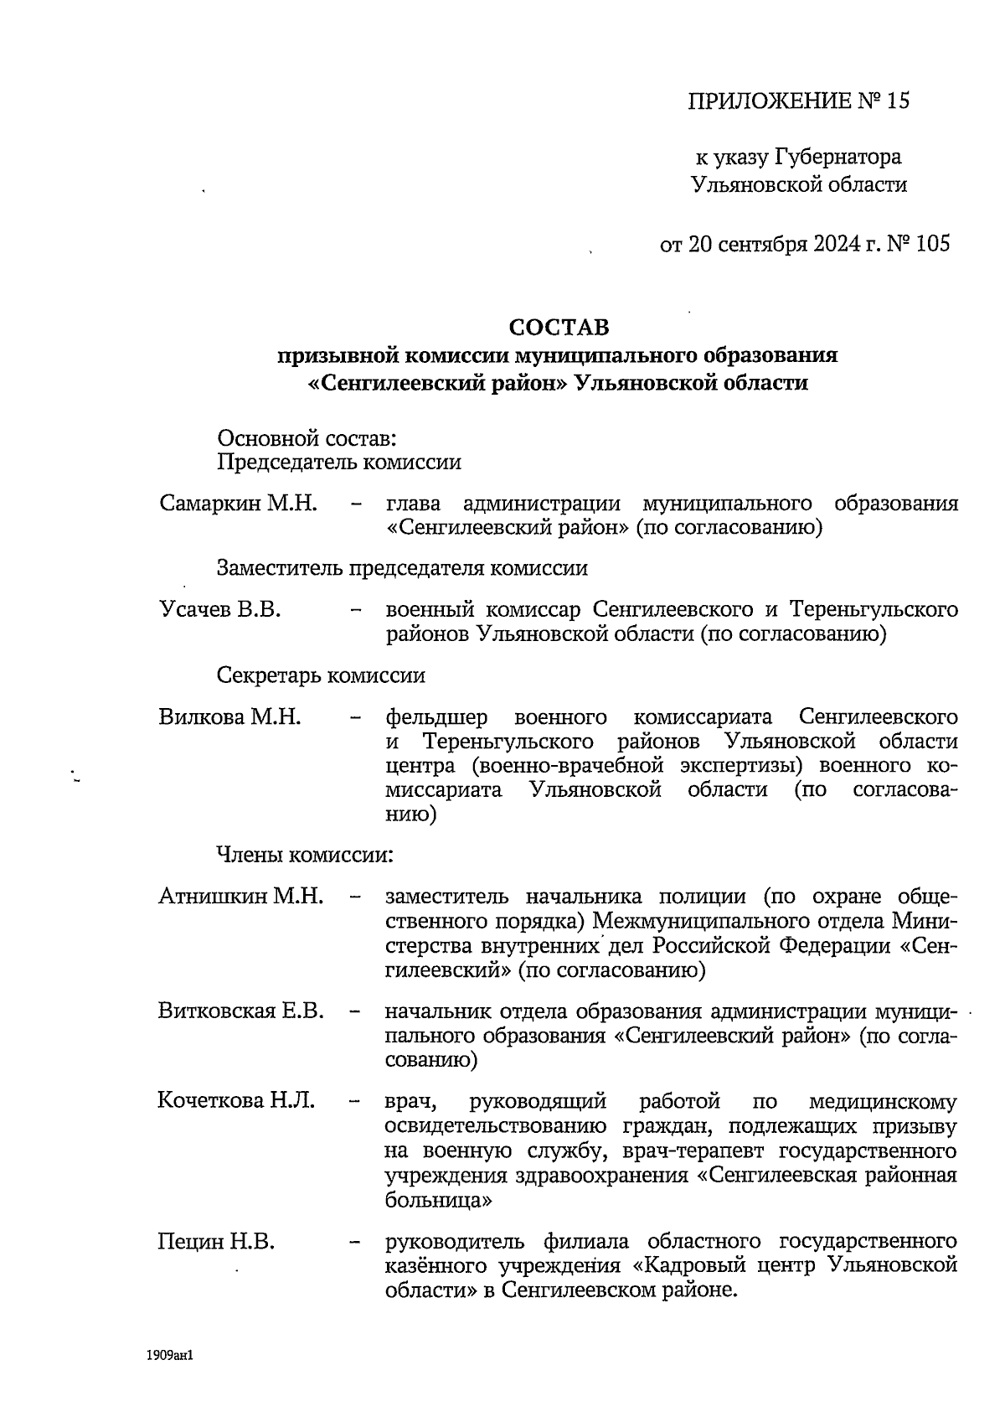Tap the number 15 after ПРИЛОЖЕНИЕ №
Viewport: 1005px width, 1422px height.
[x=897, y=102]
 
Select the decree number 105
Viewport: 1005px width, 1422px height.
[x=932, y=245]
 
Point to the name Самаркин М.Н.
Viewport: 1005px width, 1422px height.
[x=238, y=504]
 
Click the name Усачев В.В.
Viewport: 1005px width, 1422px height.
[x=219, y=609]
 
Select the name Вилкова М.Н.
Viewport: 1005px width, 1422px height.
[x=229, y=717]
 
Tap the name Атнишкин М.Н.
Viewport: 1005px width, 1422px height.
[x=240, y=896]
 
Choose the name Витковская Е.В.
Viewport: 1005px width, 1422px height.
[x=240, y=1011]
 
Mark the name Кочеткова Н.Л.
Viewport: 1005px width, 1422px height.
[x=235, y=1100]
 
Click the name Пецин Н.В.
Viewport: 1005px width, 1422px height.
[x=216, y=1241]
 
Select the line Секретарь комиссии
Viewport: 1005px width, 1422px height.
[x=321, y=675]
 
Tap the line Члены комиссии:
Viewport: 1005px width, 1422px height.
[x=305, y=855]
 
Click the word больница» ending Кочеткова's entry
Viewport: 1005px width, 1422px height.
[x=438, y=1200]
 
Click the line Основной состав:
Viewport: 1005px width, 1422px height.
[x=307, y=437]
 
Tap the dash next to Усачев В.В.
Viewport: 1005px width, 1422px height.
[x=356, y=611]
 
